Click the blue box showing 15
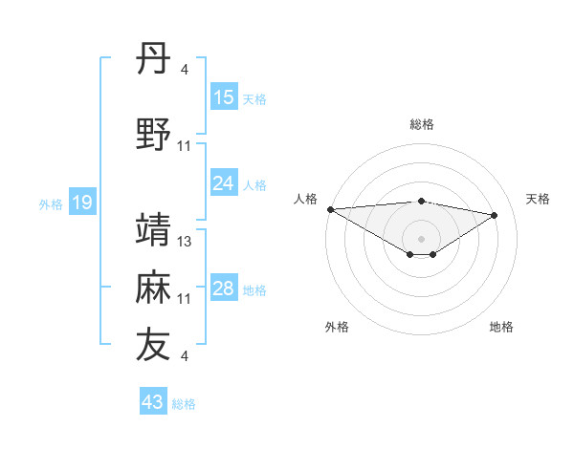[224, 97]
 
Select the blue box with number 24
[224, 183]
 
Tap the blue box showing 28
[224, 289]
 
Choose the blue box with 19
[81, 203]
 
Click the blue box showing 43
[153, 402]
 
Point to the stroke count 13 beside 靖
[186, 242]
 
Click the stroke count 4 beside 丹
[185, 70]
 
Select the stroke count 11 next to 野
[186, 146]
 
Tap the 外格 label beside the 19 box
[51, 203]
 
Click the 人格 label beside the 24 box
[254, 184]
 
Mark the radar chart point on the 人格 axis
[330, 209]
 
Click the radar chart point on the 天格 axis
[495, 215]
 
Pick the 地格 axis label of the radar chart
[501, 328]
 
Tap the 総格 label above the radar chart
[422, 124]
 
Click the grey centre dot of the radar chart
[421, 237]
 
